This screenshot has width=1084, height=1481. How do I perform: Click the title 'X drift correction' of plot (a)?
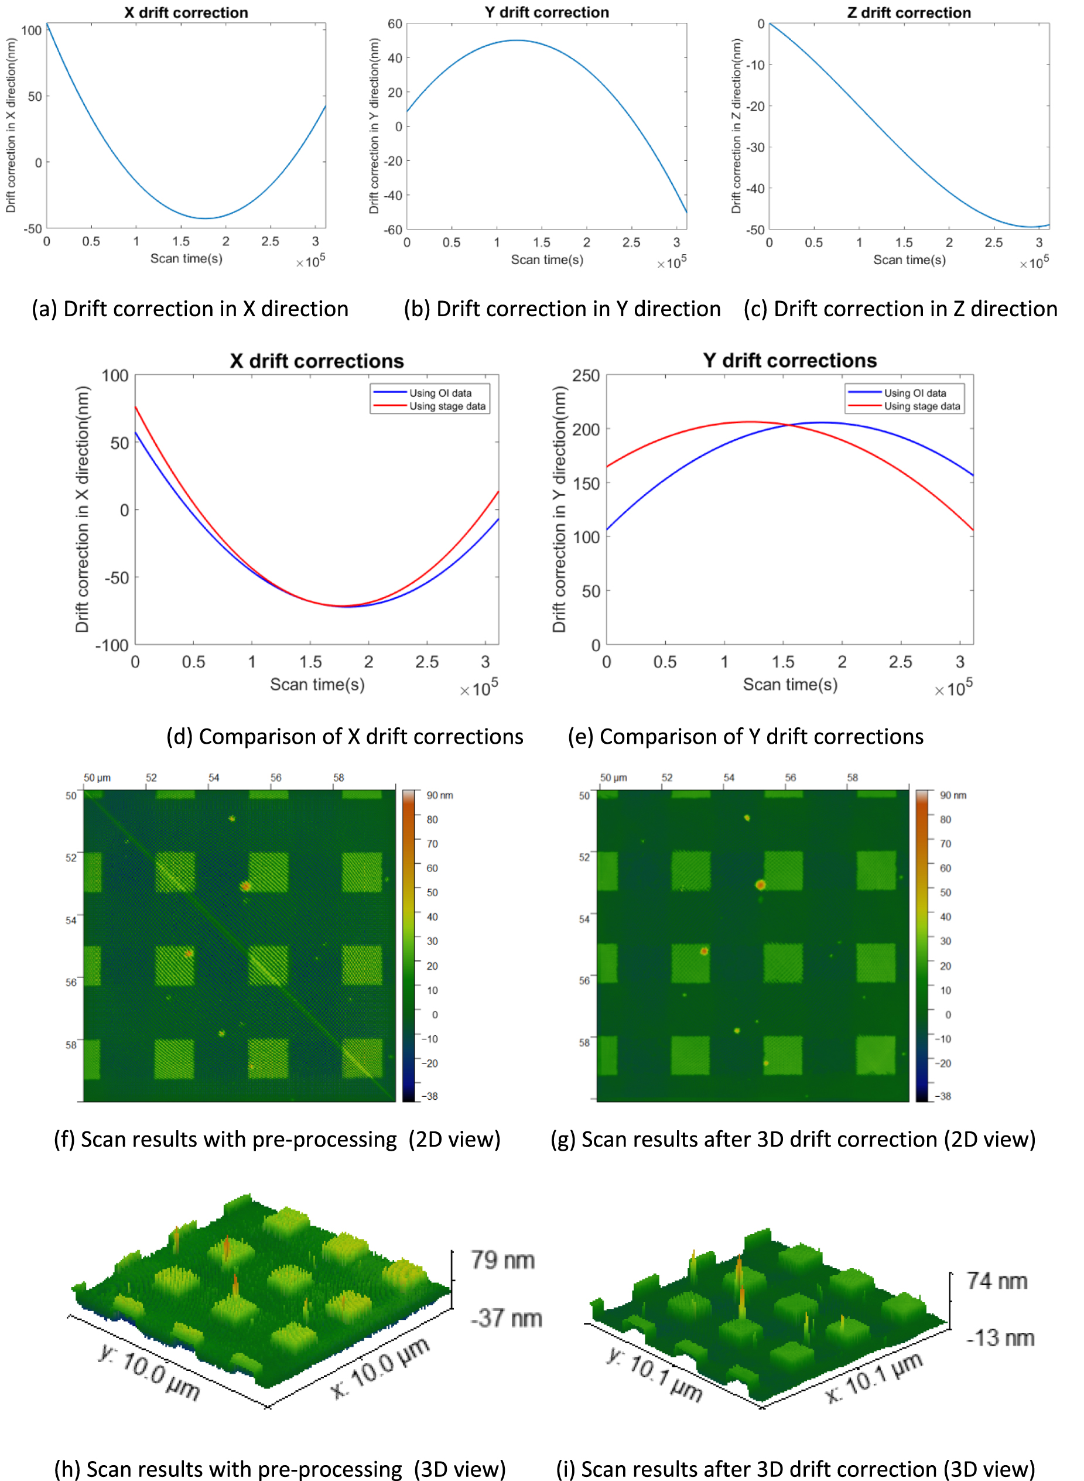(186, 12)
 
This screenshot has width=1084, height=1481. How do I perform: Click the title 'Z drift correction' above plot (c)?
(909, 12)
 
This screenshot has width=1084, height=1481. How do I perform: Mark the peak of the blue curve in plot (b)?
(517, 40)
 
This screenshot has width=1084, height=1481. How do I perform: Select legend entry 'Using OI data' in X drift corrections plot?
(440, 393)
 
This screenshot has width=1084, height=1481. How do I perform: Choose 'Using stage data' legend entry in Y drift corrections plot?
(921, 406)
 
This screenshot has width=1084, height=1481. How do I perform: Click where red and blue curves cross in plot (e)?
(788, 425)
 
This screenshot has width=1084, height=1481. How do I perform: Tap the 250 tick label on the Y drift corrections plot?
(586, 376)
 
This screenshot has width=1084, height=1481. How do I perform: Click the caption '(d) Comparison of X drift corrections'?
(344, 736)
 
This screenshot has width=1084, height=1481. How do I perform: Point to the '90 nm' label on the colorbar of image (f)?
(440, 795)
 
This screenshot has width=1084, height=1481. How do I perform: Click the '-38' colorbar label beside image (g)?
(943, 1096)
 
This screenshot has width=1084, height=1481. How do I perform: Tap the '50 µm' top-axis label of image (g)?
(614, 778)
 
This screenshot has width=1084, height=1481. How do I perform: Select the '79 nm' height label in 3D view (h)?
(502, 1260)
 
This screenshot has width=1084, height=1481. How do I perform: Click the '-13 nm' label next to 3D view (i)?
(1000, 1338)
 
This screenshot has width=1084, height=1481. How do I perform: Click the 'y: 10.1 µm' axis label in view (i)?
(654, 1374)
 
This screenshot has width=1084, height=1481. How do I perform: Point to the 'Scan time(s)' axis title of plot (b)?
(547, 260)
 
